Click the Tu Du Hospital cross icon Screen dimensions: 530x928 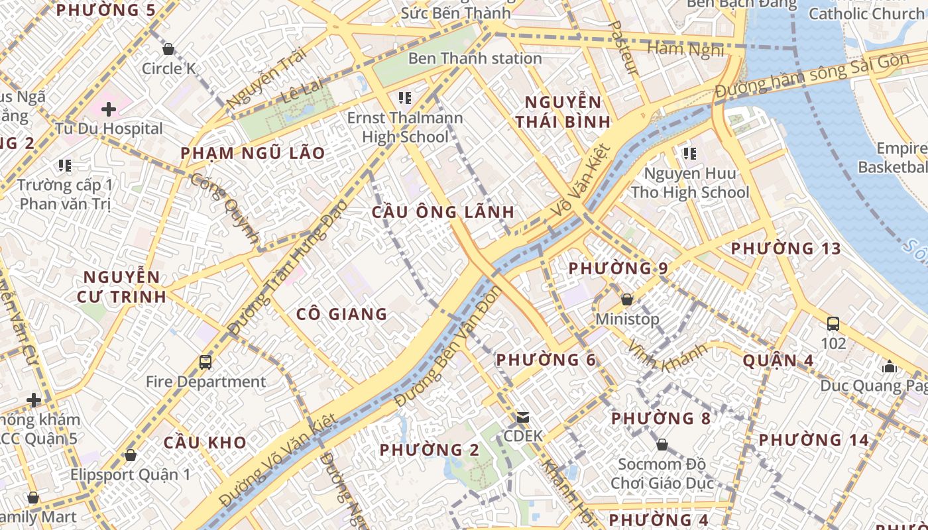coord(109,109)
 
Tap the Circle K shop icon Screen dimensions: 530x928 coord(168,49)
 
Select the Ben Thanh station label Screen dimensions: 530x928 coord(475,58)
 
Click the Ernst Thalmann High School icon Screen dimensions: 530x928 coord(404,99)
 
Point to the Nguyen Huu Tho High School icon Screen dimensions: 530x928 coord(689,154)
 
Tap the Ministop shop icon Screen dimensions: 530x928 coord(627,299)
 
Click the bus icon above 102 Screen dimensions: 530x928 coord(833,324)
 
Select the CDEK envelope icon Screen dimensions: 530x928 coord(523,417)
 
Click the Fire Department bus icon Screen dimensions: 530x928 coord(205,362)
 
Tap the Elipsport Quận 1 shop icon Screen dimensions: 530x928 coord(131,455)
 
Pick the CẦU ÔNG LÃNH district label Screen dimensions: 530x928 coord(443,212)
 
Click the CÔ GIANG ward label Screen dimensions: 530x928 coord(341,314)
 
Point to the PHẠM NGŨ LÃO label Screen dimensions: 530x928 coord(253,154)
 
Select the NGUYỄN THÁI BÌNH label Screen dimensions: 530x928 coord(563,112)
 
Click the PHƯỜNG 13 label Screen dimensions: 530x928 coord(785,249)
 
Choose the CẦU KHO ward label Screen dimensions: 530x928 coord(205,443)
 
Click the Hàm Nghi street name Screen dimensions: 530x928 coord(685,48)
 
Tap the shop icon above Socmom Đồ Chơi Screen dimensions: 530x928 coord(662,444)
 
